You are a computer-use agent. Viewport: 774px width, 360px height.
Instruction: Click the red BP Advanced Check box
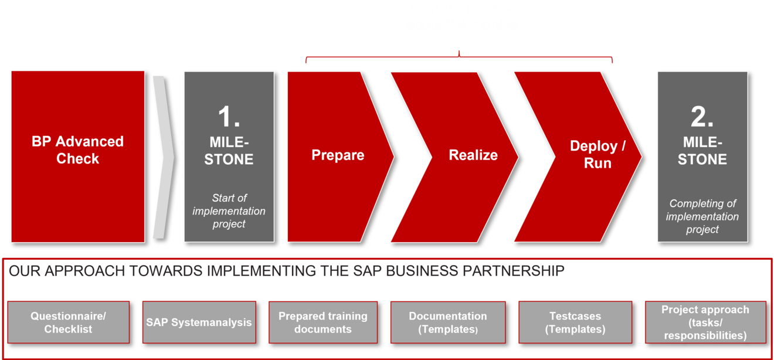(78, 157)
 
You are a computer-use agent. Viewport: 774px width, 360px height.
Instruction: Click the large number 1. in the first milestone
(229, 117)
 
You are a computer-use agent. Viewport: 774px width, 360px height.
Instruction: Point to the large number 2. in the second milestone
(702, 117)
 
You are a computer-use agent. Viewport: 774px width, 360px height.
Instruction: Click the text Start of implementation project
(229, 210)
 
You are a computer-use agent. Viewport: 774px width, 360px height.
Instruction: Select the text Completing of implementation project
(702, 216)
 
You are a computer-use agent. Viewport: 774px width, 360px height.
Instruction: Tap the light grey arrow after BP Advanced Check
(164, 157)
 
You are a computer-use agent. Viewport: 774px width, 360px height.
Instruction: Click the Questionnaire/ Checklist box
(69, 322)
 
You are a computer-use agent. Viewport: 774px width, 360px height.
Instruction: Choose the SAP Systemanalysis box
(199, 322)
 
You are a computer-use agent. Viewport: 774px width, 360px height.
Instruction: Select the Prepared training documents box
(323, 322)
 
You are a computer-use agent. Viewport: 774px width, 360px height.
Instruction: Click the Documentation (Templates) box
(448, 322)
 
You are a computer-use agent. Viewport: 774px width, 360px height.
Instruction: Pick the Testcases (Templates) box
(575, 322)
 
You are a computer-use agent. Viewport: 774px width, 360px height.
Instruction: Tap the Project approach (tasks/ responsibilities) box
(705, 322)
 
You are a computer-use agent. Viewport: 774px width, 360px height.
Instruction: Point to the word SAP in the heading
(367, 271)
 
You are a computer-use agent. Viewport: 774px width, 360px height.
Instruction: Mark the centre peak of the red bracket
(459, 52)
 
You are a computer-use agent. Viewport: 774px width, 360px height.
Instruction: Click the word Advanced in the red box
(90, 141)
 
